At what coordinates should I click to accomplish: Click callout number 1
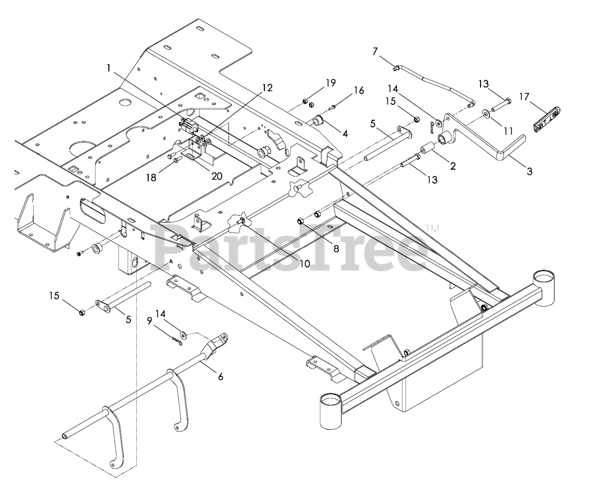109,68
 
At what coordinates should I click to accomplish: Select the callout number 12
267,88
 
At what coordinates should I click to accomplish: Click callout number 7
375,51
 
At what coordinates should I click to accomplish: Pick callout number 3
530,171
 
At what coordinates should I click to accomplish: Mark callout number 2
453,166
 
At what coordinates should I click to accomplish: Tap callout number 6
220,376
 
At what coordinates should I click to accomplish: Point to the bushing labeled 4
318,122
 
